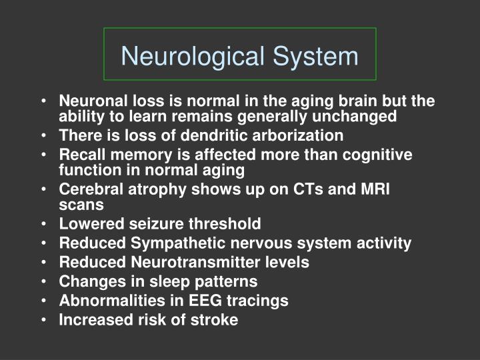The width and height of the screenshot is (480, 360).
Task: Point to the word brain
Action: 331,101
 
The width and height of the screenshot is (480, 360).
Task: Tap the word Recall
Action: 81,155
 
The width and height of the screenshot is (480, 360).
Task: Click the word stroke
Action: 215,320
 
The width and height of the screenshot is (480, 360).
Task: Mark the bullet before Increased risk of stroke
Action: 43,321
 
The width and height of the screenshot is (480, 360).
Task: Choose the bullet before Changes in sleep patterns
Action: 43,282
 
